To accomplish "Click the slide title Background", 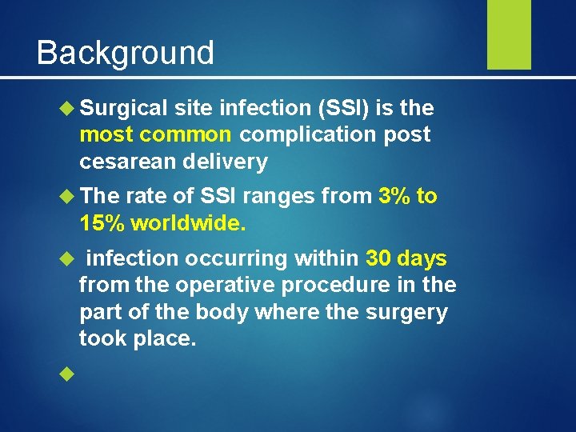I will [126, 53].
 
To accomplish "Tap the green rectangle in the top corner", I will [509, 34].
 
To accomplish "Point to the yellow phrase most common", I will [156, 134].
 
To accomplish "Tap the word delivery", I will [228, 162].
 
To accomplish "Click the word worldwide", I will [188, 223].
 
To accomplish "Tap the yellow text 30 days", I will [406, 258].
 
